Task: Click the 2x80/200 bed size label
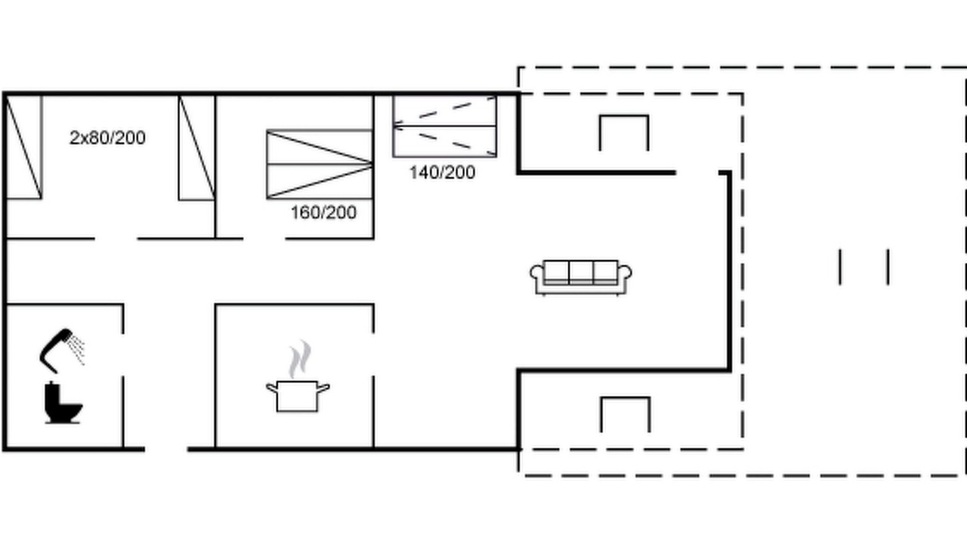107,138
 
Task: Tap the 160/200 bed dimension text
324,212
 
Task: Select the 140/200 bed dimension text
443,173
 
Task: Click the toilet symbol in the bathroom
63,403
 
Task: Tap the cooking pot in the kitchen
298,396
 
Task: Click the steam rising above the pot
300,359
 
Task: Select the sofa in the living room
581,277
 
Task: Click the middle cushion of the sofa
581,272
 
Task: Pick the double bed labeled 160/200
320,164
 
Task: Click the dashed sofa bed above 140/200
445,126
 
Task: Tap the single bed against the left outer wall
24,147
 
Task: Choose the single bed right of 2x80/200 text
197,147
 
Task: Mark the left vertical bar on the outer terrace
840,267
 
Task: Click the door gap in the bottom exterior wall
166,450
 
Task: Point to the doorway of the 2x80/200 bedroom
116,238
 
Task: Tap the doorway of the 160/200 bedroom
264,238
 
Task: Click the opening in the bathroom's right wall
123,354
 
